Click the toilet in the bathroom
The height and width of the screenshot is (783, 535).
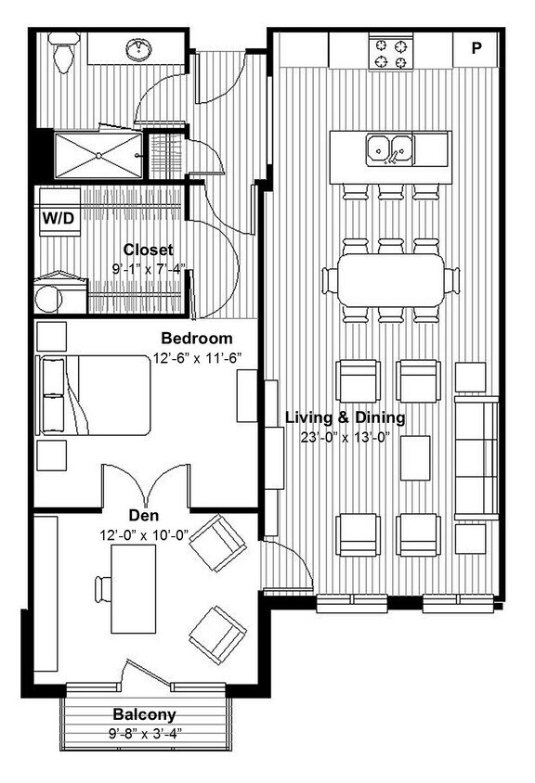[64, 54]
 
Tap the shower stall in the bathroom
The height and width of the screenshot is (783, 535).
[98, 155]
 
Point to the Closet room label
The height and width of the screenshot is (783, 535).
[148, 250]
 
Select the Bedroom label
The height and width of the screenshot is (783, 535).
[196, 338]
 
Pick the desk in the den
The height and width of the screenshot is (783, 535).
[133, 589]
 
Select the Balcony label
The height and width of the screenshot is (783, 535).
[144, 714]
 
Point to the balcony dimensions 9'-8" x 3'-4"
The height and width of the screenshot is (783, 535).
[144, 733]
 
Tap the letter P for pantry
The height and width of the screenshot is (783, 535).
[476, 49]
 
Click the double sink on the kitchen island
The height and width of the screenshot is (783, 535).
[390, 148]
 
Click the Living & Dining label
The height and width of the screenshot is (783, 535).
[345, 417]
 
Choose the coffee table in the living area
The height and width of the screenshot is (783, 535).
[415, 456]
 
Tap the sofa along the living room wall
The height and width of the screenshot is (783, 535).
[476, 456]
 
